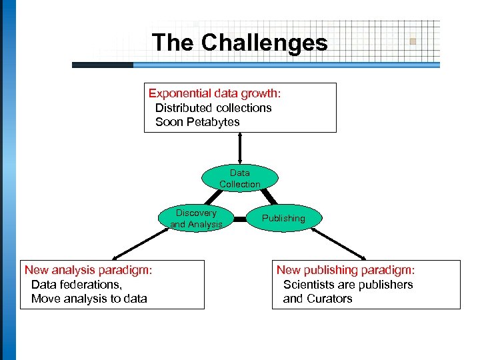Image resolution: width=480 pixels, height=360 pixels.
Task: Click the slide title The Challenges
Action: (240, 43)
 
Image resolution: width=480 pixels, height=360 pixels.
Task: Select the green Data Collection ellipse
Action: (240, 178)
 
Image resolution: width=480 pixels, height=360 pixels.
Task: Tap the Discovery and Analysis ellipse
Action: (196, 219)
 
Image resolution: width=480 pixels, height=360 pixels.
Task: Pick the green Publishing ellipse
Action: (283, 218)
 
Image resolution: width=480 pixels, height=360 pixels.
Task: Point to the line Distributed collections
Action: (213, 107)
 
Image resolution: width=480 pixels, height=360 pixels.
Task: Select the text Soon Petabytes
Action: (197, 122)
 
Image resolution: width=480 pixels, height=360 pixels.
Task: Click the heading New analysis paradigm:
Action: (89, 270)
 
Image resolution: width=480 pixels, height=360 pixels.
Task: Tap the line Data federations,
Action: (77, 285)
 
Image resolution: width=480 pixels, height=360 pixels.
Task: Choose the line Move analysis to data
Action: (89, 299)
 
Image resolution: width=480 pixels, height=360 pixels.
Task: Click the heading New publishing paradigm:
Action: (345, 270)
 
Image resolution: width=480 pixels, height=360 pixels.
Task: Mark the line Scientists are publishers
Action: (348, 285)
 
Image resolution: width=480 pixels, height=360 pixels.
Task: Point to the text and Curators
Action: (317, 299)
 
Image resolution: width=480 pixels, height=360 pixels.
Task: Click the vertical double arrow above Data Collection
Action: (240, 148)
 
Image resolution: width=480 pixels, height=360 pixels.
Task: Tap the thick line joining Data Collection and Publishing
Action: (267, 196)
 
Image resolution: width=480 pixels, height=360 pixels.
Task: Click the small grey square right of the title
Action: (413, 41)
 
